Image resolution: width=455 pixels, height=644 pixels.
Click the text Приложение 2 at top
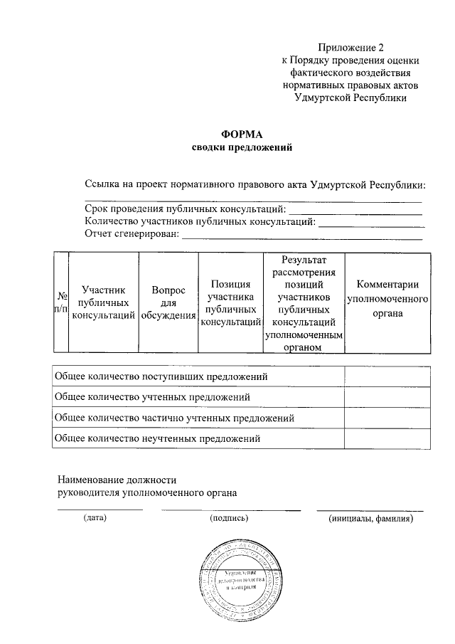350,48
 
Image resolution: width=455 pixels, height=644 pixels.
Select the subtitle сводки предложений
242,148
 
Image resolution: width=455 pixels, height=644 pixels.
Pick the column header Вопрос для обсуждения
168,302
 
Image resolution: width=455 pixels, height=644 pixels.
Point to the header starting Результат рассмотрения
304,302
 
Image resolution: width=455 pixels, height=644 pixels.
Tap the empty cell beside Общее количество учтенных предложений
387,396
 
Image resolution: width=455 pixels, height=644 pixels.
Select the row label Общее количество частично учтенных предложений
174,418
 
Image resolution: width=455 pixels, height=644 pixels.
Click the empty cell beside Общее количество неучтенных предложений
387,438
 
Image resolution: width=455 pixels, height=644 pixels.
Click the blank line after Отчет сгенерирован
302,237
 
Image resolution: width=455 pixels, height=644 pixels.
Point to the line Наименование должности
117,480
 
